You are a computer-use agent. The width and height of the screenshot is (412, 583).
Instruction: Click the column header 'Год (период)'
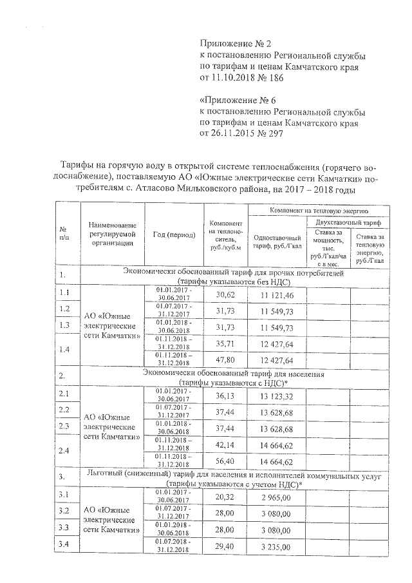point(174,235)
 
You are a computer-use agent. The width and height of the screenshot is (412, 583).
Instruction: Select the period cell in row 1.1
point(174,294)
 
